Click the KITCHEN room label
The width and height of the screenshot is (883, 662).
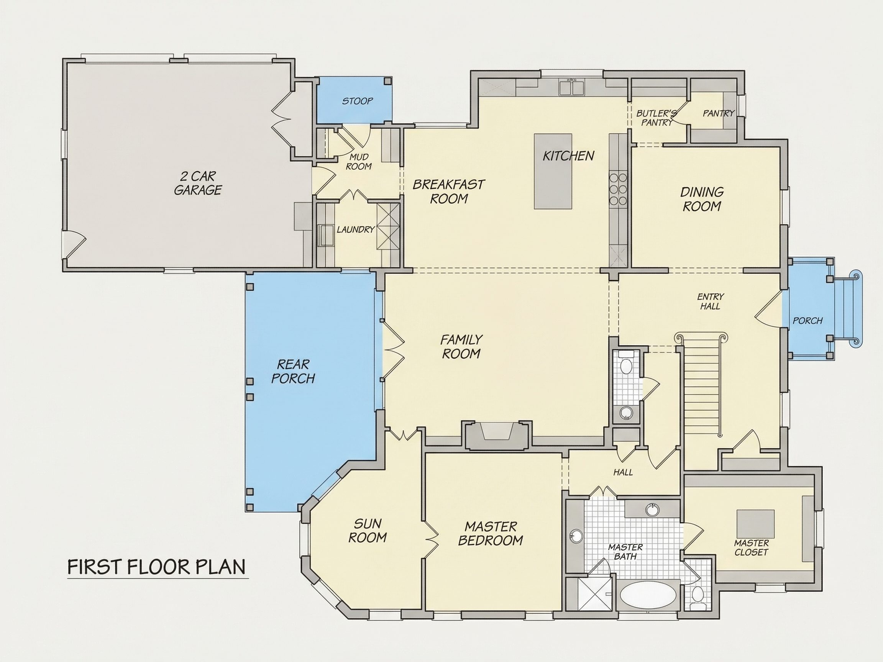(568, 156)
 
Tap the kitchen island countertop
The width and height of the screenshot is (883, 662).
(553, 171)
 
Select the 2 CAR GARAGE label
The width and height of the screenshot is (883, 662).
(198, 183)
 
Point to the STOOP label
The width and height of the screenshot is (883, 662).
(357, 101)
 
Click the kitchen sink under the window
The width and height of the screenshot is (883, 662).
(572, 88)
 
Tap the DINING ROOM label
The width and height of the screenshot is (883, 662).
(702, 199)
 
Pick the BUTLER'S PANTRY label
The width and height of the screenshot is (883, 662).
(656, 118)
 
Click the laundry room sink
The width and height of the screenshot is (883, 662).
(326, 234)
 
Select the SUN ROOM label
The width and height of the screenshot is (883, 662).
(367, 530)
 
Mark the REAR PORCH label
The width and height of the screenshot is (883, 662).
(293, 371)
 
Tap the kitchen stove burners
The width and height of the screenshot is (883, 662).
(617, 189)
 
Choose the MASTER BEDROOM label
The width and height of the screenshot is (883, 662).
(491, 533)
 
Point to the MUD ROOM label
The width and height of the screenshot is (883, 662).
(358, 162)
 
